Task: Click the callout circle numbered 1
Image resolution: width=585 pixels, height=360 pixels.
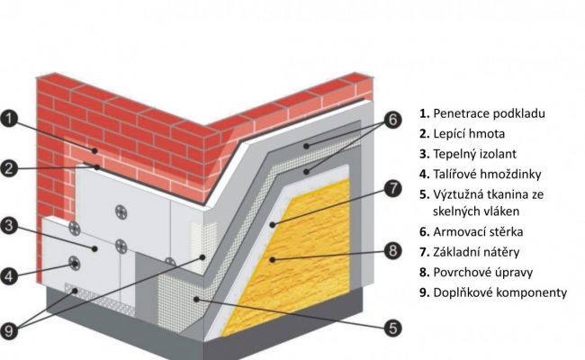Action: [x=9, y=119]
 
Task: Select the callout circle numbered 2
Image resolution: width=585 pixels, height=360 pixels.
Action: [x=9, y=167]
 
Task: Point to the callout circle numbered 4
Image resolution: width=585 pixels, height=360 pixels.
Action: [x=9, y=276]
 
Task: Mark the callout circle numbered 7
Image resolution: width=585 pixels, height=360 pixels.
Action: [x=393, y=188]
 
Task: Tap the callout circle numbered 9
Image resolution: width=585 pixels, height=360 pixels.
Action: [x=9, y=330]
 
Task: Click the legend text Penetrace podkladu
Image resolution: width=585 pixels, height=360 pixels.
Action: [x=489, y=114]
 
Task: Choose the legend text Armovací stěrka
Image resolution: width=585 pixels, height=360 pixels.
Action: [x=480, y=231]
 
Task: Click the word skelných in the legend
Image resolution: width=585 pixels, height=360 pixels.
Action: [x=454, y=211]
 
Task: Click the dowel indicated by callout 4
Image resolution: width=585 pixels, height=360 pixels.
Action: [x=75, y=264]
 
